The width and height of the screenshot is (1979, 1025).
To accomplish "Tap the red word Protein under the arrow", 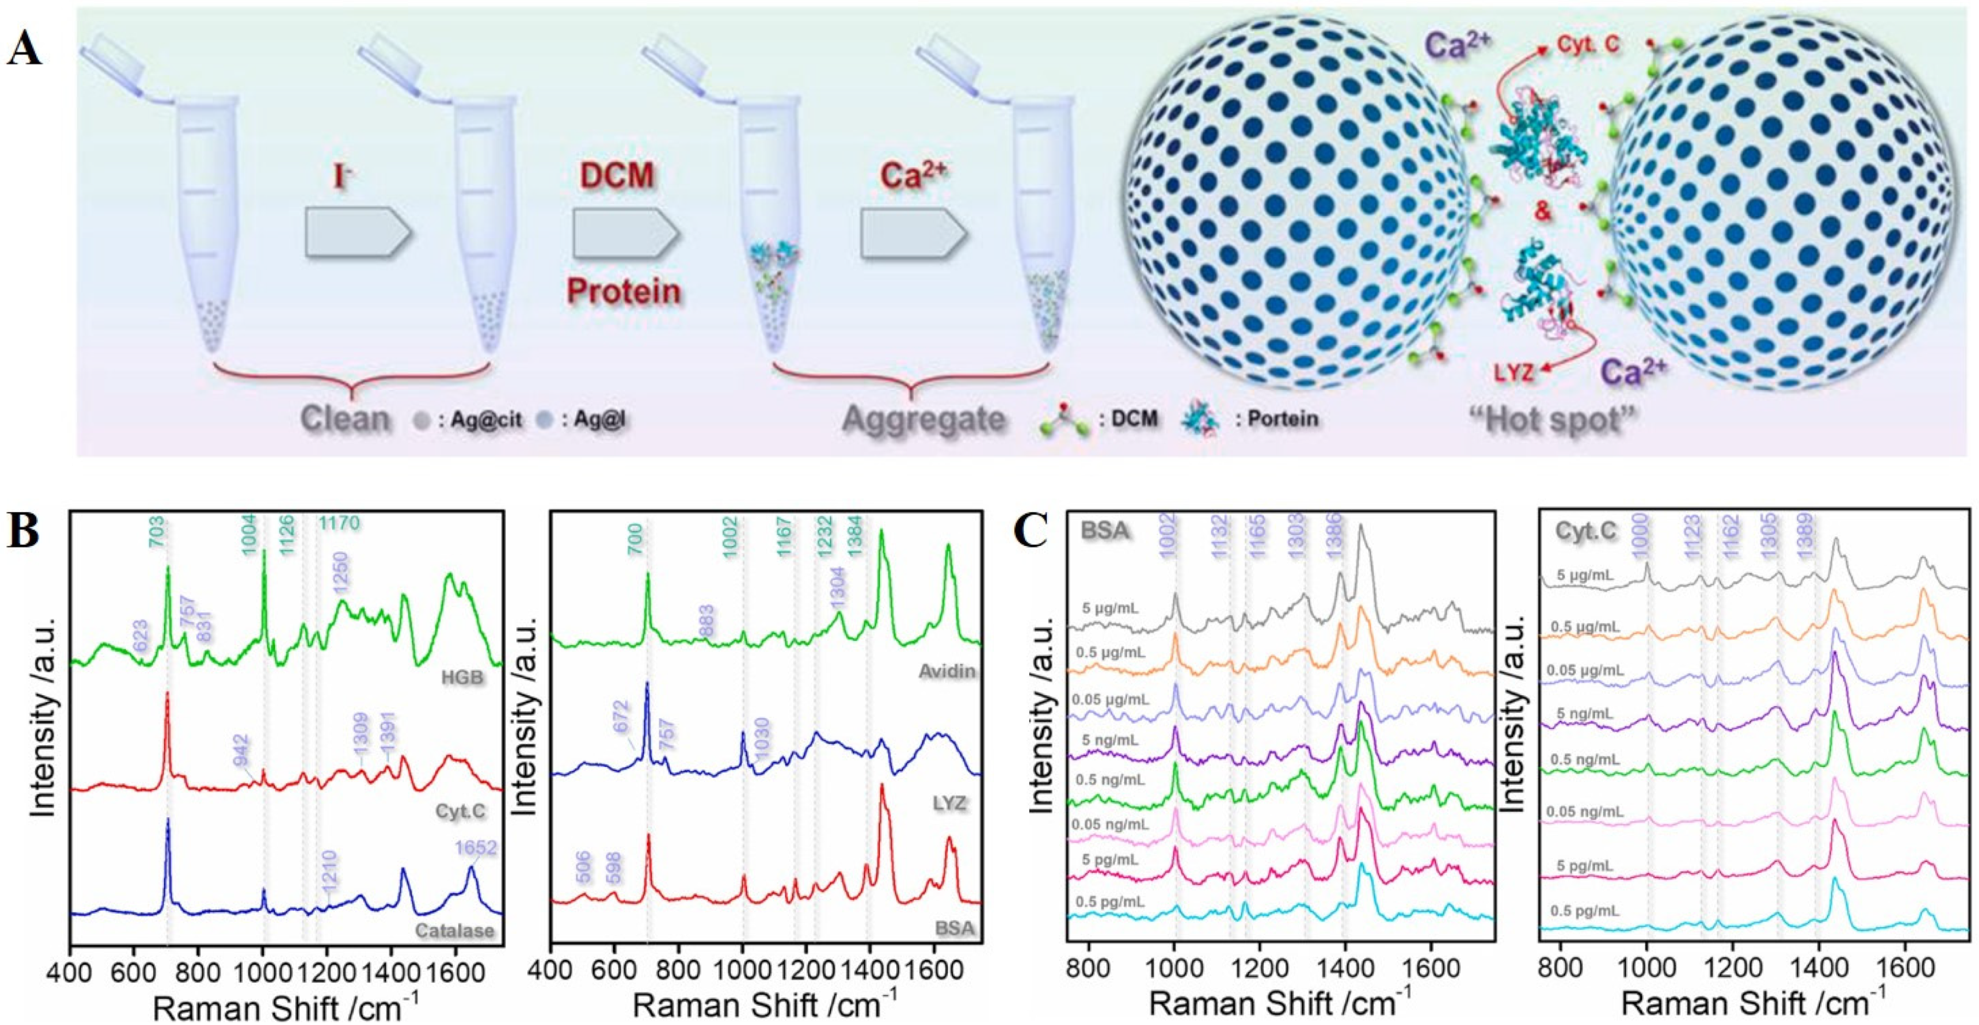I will pos(624,292).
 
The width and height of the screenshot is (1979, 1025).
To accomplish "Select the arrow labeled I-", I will pos(359,234).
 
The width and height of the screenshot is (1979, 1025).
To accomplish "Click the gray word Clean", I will pos(346,420).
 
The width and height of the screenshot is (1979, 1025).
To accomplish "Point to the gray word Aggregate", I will pos(924,420).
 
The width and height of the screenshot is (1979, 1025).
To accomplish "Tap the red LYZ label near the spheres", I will pos(1514,374).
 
